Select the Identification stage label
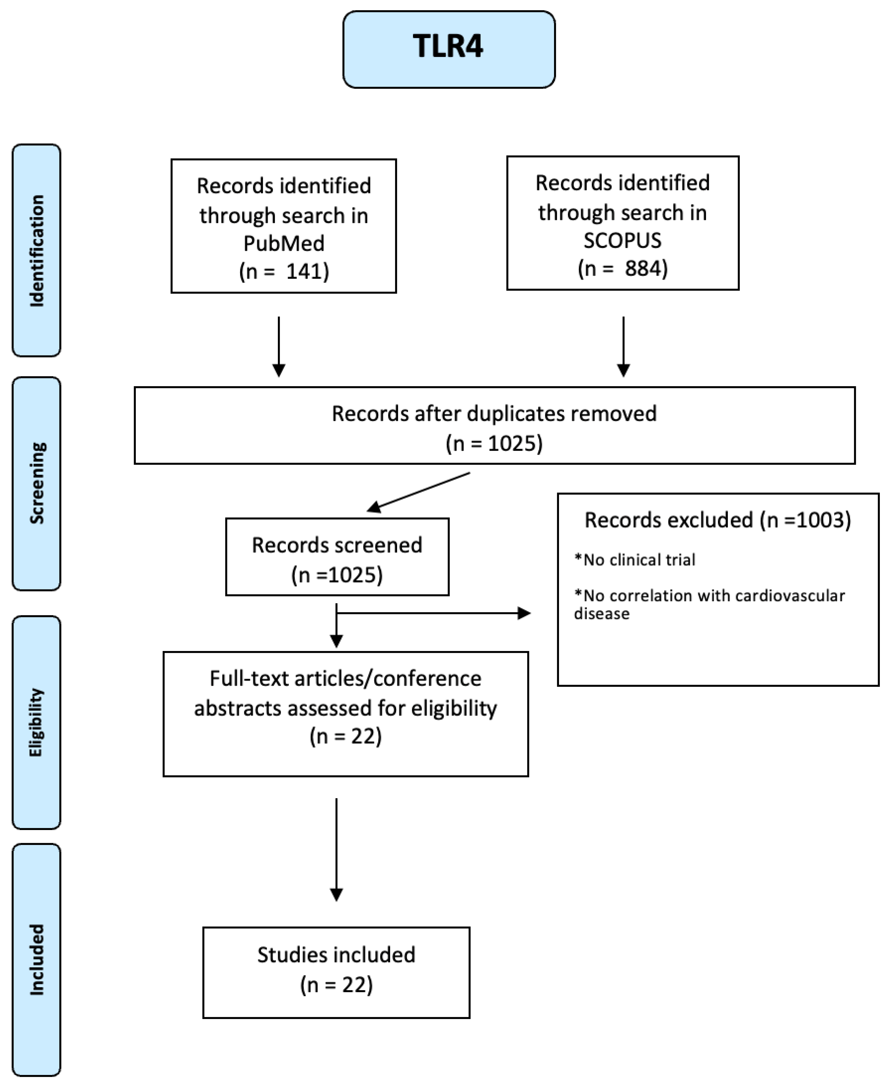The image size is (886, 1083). (36, 250)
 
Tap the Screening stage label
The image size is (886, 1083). (36, 483)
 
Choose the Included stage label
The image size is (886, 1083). (36, 959)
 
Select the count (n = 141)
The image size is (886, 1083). (284, 271)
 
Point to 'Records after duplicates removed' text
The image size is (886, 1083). (494, 414)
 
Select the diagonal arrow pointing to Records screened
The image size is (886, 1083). (418, 492)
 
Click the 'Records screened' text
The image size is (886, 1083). (337, 545)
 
